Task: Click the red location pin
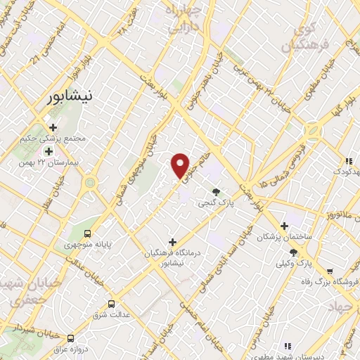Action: pyautogui.click(x=181, y=165)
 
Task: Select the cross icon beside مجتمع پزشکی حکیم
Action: pyautogui.click(x=53, y=127)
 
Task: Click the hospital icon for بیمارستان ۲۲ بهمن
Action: pyautogui.click(x=49, y=150)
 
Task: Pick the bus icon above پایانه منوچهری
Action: pyautogui.click(x=88, y=233)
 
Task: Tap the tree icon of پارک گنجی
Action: pyautogui.click(x=216, y=192)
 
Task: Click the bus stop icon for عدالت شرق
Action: pyautogui.click(x=111, y=304)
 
